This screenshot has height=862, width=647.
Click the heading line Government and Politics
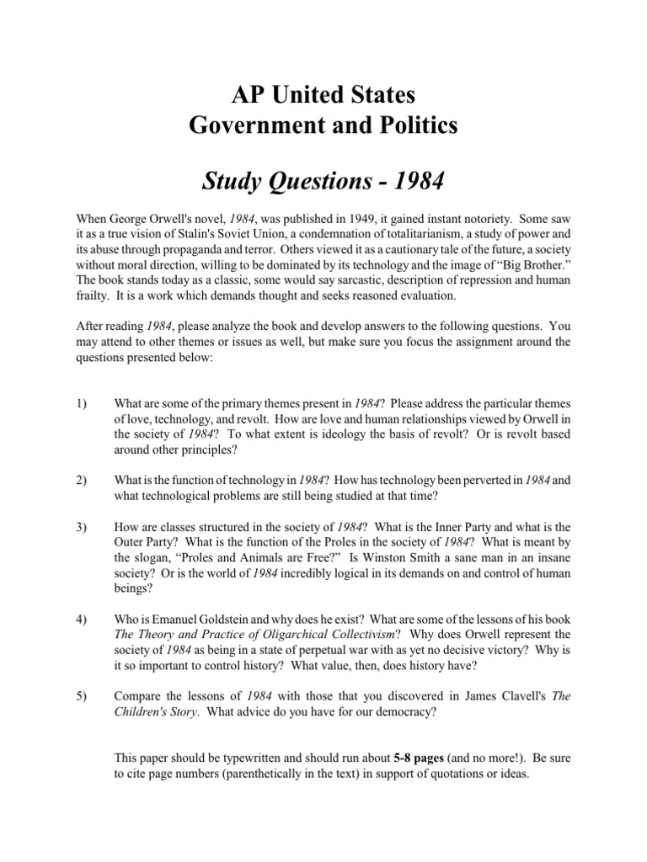(323, 125)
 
